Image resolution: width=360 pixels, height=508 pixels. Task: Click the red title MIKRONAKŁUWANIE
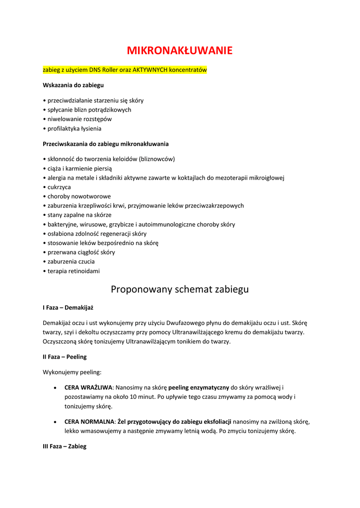pos(180,51)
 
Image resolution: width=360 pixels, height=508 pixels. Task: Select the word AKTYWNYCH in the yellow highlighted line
pos(150,70)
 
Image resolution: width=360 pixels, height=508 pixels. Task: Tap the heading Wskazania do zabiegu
pos(73,85)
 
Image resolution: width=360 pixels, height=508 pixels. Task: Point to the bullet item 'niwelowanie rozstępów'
pos(79,119)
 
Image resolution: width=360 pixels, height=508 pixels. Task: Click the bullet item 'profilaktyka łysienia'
pos(74,128)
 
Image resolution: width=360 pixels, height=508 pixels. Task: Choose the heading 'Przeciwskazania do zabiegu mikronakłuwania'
pos(106,144)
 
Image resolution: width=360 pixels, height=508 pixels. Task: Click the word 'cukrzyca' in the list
pos(59,187)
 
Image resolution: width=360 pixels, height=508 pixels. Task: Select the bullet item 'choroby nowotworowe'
pos(79,196)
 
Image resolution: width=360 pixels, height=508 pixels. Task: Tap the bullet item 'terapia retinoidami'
pos(73,271)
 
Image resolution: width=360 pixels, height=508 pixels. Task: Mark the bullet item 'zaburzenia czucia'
pos(71,261)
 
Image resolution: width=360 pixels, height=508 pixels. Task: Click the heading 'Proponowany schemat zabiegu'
pos(180,289)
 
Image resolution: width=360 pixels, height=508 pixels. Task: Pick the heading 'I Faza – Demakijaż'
pos(68,308)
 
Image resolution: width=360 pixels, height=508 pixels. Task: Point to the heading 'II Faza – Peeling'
pos(65,357)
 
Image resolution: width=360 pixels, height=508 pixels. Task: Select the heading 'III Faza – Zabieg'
pos(65,446)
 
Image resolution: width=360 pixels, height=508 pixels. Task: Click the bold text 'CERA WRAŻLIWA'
pos(88,387)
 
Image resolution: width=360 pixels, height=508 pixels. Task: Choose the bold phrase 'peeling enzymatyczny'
pos(199,387)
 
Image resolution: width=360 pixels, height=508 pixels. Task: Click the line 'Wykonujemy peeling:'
pos(72,372)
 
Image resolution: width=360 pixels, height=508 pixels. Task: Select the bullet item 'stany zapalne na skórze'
pos(79,215)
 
